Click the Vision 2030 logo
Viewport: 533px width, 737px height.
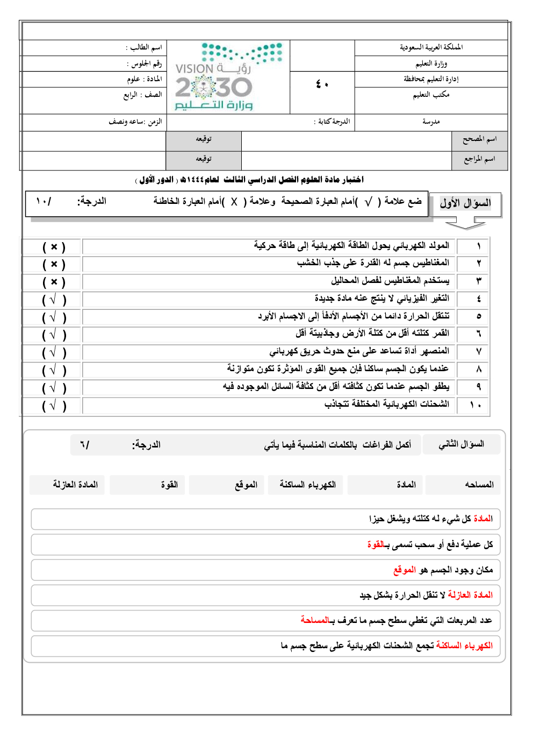[228, 76]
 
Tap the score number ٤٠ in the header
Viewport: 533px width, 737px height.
[322, 84]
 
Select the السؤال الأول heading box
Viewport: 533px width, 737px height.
[465, 204]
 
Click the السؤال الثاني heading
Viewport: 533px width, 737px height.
[462, 444]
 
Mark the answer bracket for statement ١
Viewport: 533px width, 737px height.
[54, 247]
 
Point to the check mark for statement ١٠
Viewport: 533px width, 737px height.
[53, 405]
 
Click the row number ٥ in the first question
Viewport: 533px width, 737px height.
[479, 316]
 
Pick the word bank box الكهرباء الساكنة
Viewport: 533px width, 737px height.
[307, 485]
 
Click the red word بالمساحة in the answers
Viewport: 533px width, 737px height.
[318, 620]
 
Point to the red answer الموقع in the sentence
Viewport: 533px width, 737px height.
[405, 570]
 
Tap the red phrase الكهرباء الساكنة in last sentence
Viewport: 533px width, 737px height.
[464, 646]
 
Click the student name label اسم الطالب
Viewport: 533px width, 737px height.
[144, 47]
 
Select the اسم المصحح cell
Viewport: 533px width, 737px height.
[479, 139]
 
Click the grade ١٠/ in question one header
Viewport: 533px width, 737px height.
[44, 201]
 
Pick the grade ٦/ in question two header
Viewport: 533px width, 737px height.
[84, 445]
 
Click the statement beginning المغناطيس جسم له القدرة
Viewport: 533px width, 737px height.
[373, 263]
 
